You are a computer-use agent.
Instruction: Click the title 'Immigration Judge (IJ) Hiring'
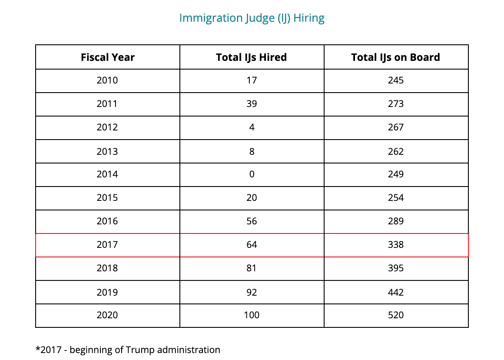pos(252,18)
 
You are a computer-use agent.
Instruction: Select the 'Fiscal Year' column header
pos(107,57)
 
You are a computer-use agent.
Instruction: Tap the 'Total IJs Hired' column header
pos(251,57)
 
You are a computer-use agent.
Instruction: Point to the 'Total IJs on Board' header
pos(395,57)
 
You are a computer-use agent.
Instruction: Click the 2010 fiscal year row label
pos(107,80)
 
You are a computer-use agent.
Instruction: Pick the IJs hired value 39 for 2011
pos(251,104)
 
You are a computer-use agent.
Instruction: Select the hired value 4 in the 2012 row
pos(252,127)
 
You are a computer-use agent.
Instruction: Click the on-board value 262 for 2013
pos(395,151)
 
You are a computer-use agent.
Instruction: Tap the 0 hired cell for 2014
pos(252,174)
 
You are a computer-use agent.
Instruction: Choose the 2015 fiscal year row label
pos(107,198)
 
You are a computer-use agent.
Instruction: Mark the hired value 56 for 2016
pos(251,221)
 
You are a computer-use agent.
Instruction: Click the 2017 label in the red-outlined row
pos(107,245)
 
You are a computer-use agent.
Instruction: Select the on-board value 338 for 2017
pos(395,245)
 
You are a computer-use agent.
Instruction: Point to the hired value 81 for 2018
pos(251,268)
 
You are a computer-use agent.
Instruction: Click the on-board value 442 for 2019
pos(395,292)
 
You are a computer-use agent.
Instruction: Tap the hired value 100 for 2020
pos(251,315)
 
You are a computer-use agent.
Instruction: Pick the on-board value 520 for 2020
pos(395,315)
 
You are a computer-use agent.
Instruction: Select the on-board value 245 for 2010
pos(395,80)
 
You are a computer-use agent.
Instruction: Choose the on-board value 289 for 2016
pos(395,221)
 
